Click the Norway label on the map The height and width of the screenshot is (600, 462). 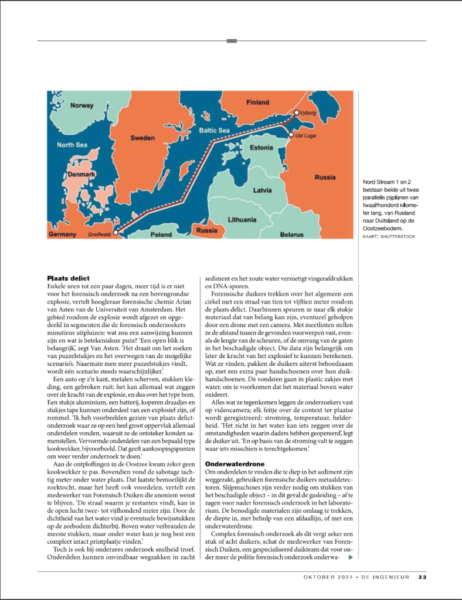coord(81,106)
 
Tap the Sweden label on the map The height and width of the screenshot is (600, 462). coord(142,138)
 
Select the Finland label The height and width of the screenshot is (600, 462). coord(257,103)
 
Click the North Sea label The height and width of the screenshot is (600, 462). coord(72,145)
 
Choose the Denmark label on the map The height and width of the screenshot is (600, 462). coord(81,175)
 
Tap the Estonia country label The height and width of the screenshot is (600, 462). coord(261,148)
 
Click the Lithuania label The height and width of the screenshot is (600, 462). coord(242,220)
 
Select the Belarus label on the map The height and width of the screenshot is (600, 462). coord(291,234)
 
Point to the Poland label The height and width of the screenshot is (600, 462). coord(161,234)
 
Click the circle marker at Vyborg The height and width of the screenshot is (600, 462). coord(297,112)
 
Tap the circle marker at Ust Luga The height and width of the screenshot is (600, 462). coord(290,135)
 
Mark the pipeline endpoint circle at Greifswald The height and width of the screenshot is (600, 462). coord(115,233)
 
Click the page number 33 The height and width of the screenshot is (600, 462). coord(422,577)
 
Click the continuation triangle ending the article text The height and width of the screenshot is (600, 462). coord(351,557)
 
